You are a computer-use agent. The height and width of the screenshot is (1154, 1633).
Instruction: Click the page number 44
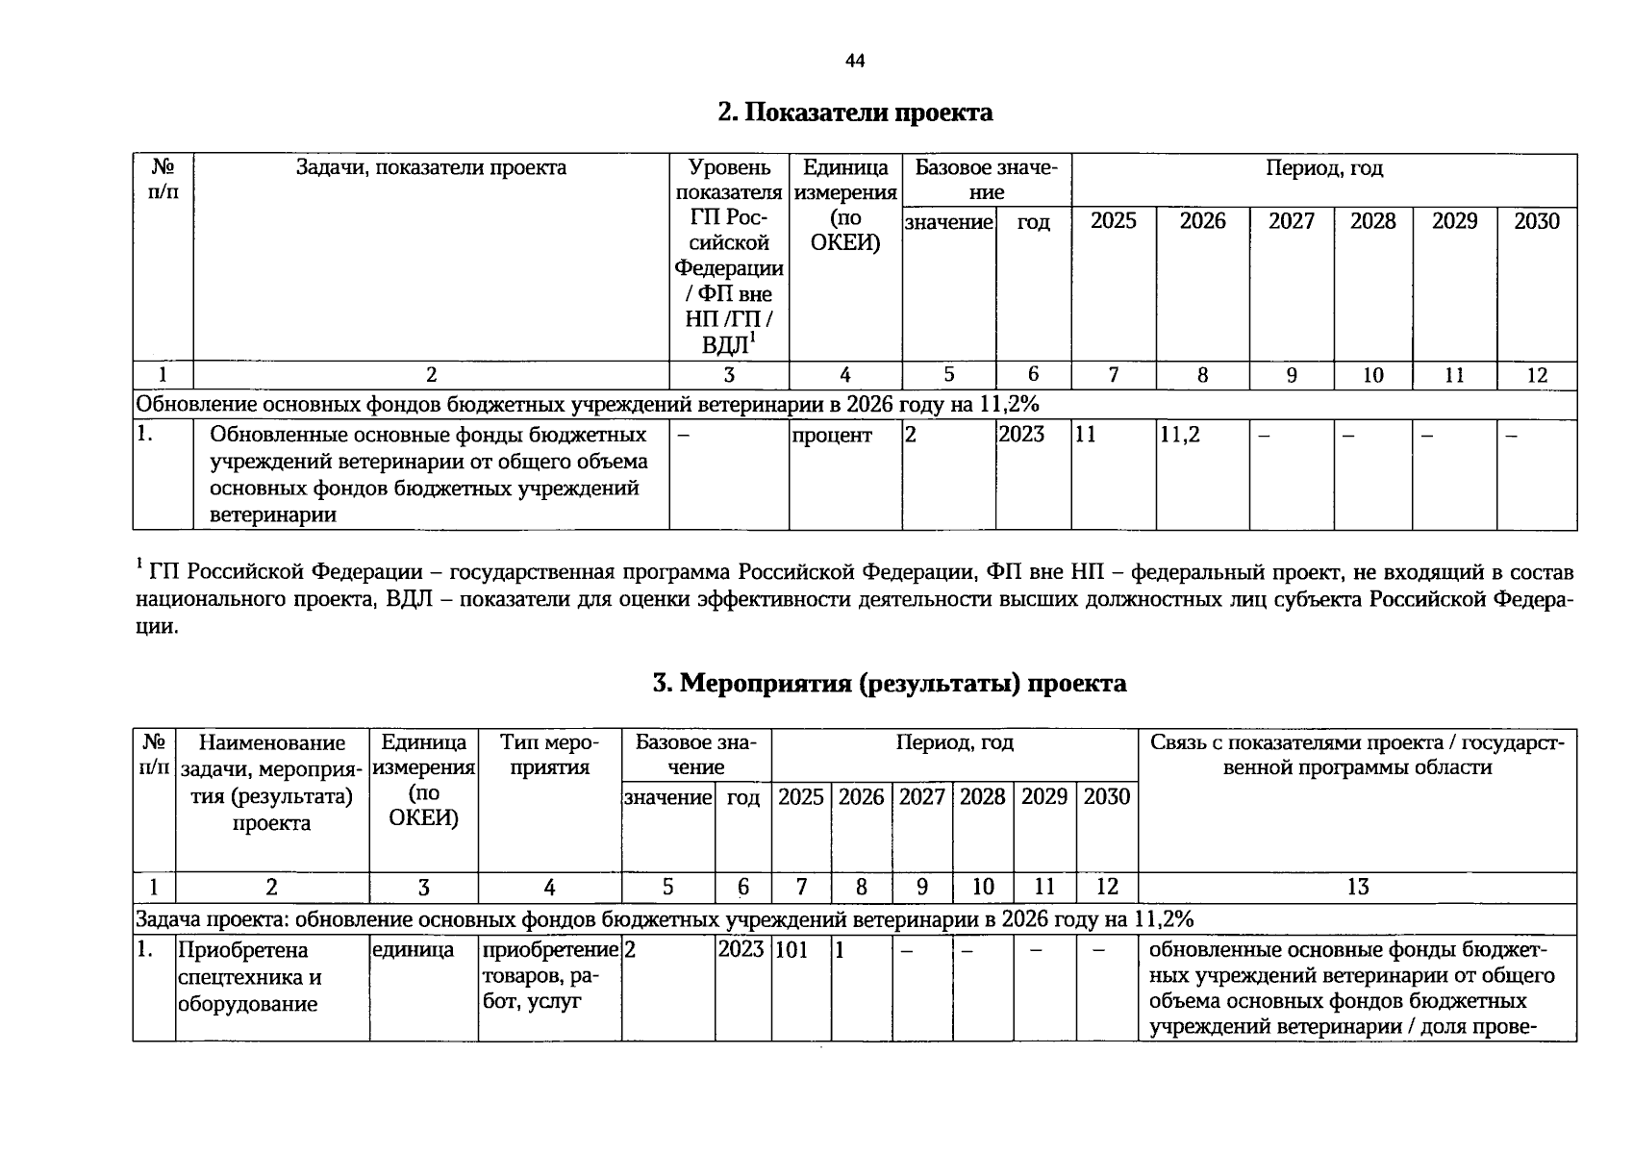[x=854, y=62]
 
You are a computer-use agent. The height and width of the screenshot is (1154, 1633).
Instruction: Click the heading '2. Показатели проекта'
[x=854, y=113]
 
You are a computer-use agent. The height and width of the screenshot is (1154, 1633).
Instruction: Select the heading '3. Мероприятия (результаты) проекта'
[x=889, y=684]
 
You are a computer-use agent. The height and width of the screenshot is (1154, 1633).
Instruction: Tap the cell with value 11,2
[x=1180, y=435]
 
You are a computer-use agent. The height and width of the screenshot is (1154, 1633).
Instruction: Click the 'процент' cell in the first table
[x=832, y=436]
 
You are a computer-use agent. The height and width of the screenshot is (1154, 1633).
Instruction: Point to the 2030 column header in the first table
[x=1536, y=222]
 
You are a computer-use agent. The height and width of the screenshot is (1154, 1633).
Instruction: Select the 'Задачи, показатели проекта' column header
[x=431, y=168]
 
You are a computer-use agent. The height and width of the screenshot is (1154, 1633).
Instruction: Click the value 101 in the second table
[x=791, y=950]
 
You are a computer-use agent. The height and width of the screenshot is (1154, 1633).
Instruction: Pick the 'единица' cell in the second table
[x=413, y=950]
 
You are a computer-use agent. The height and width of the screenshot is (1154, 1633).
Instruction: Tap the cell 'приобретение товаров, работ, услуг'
[x=549, y=976]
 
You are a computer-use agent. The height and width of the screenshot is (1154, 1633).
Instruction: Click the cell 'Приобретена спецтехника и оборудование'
[x=249, y=976]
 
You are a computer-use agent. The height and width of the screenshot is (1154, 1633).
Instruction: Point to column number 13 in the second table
[x=1357, y=888]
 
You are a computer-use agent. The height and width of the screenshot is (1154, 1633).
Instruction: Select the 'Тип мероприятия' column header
[x=549, y=755]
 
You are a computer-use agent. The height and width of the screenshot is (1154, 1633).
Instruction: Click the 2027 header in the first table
[x=1291, y=222]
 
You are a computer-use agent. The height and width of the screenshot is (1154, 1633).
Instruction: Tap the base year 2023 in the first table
[x=1021, y=435]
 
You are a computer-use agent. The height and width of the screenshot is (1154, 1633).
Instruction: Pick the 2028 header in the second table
[x=982, y=797]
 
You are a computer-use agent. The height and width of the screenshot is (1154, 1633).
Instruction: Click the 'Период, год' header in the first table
[x=1323, y=169]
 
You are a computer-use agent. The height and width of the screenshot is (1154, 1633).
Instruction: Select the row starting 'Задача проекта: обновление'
[x=664, y=919]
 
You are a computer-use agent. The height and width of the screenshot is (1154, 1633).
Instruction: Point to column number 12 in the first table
[x=1536, y=376]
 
